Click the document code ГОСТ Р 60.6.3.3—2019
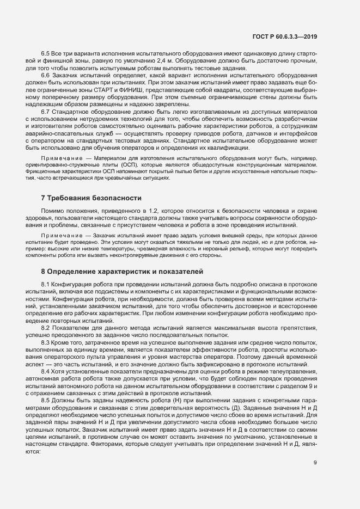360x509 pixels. [285, 36]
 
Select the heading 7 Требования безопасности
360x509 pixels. [91, 198]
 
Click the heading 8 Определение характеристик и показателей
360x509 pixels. [122, 271]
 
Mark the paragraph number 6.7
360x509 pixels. [46, 111]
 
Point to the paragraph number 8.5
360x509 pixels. [46, 400]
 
